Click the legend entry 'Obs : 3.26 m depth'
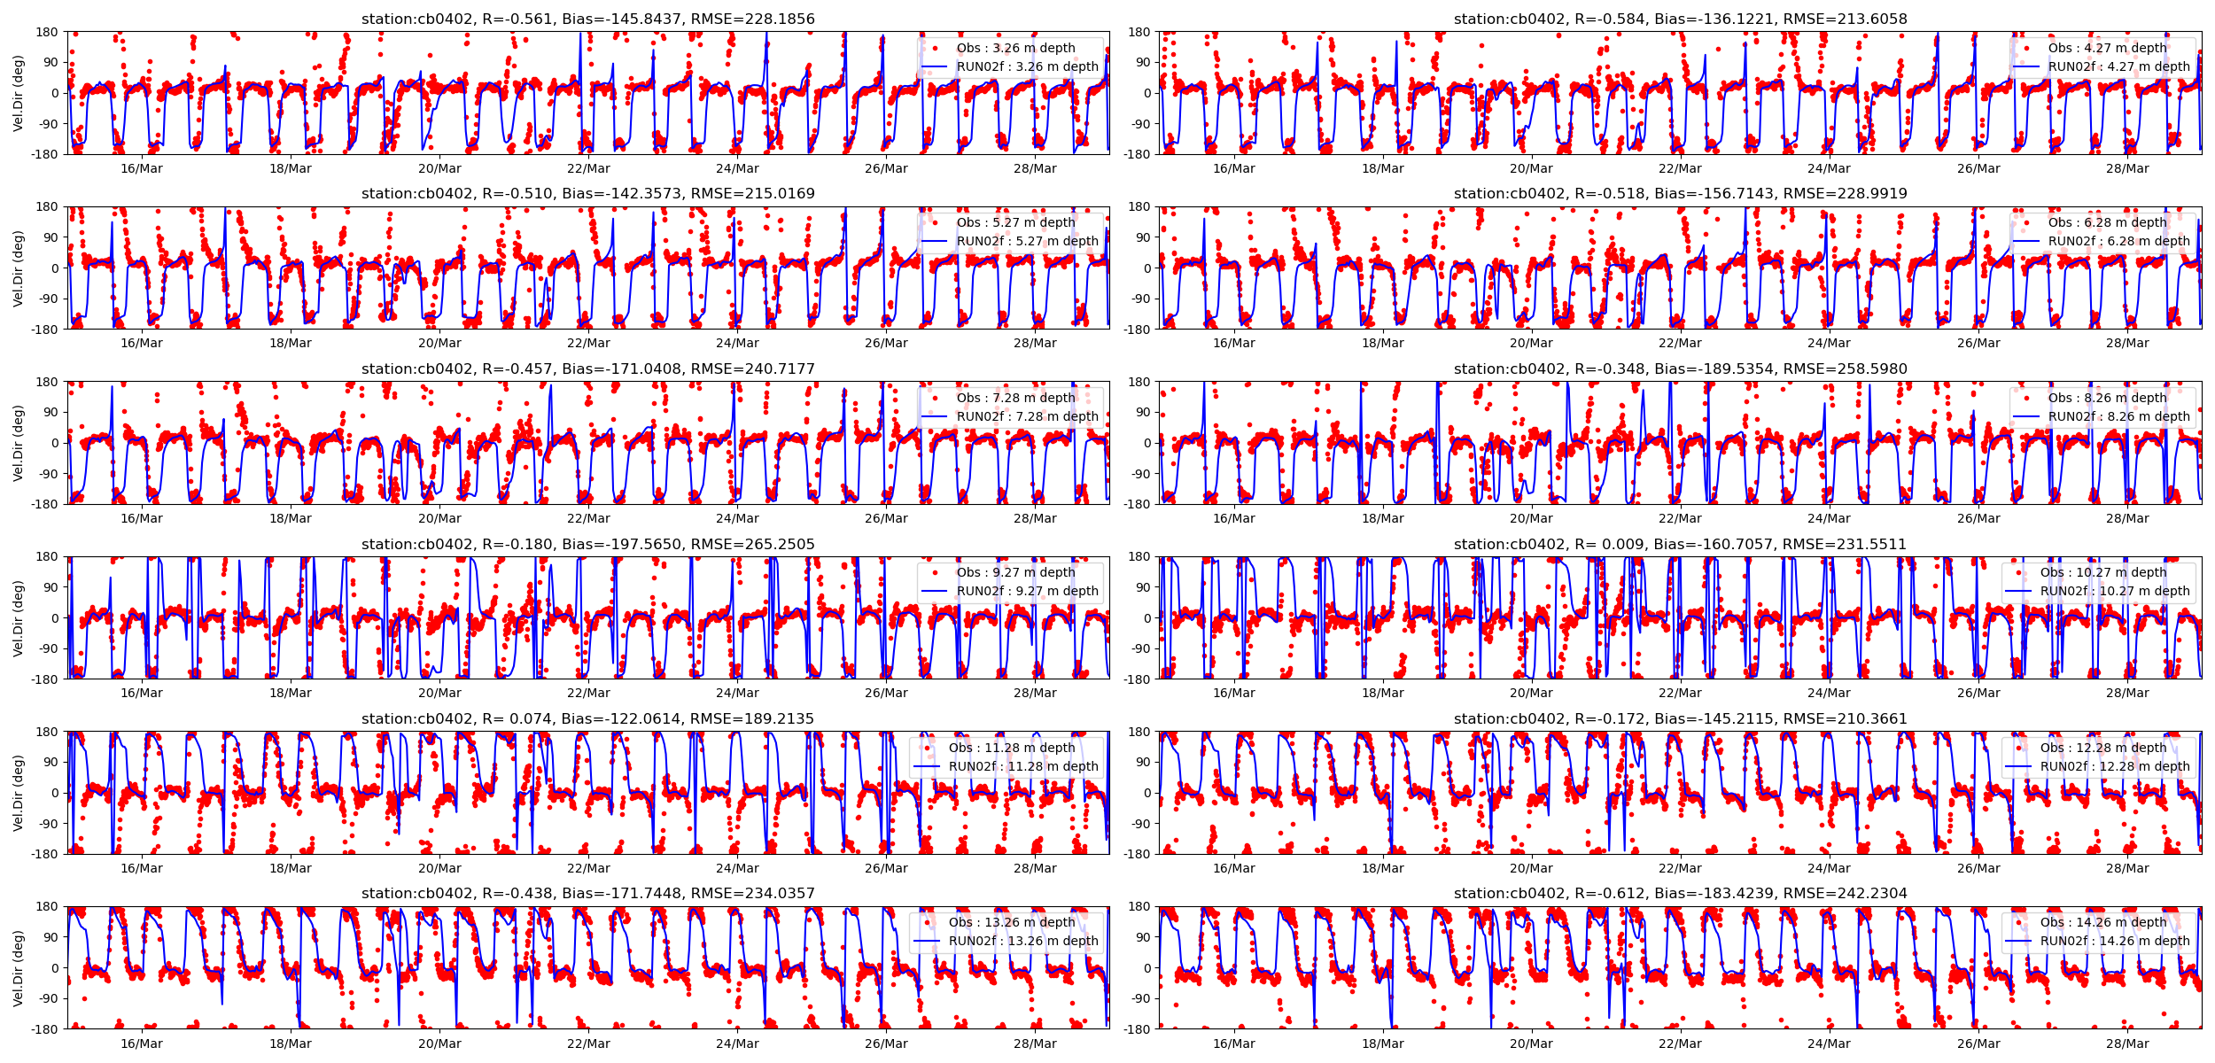coord(1015,48)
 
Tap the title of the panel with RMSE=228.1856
coord(587,19)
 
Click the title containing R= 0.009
coord(1680,544)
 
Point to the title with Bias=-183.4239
coord(1680,893)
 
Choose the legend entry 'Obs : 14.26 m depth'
coord(2103,922)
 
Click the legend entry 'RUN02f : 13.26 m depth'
coord(1023,941)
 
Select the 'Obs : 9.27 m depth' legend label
coord(1015,572)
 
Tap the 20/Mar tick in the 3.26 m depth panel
coord(439,168)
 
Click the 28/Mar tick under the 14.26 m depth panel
coord(2127,1044)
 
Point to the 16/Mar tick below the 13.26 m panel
coord(142,1044)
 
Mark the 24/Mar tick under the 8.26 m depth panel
coord(1829,518)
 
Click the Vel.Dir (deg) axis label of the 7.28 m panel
coord(19,443)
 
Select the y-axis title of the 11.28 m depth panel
coord(19,793)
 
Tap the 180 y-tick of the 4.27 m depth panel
coord(1139,32)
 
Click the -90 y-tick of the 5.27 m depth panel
coord(48,299)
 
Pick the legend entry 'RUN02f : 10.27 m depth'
coord(2115,591)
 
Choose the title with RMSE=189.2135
coord(587,718)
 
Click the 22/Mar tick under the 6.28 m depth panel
coord(1680,343)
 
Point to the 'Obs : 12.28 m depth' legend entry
coord(2103,748)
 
